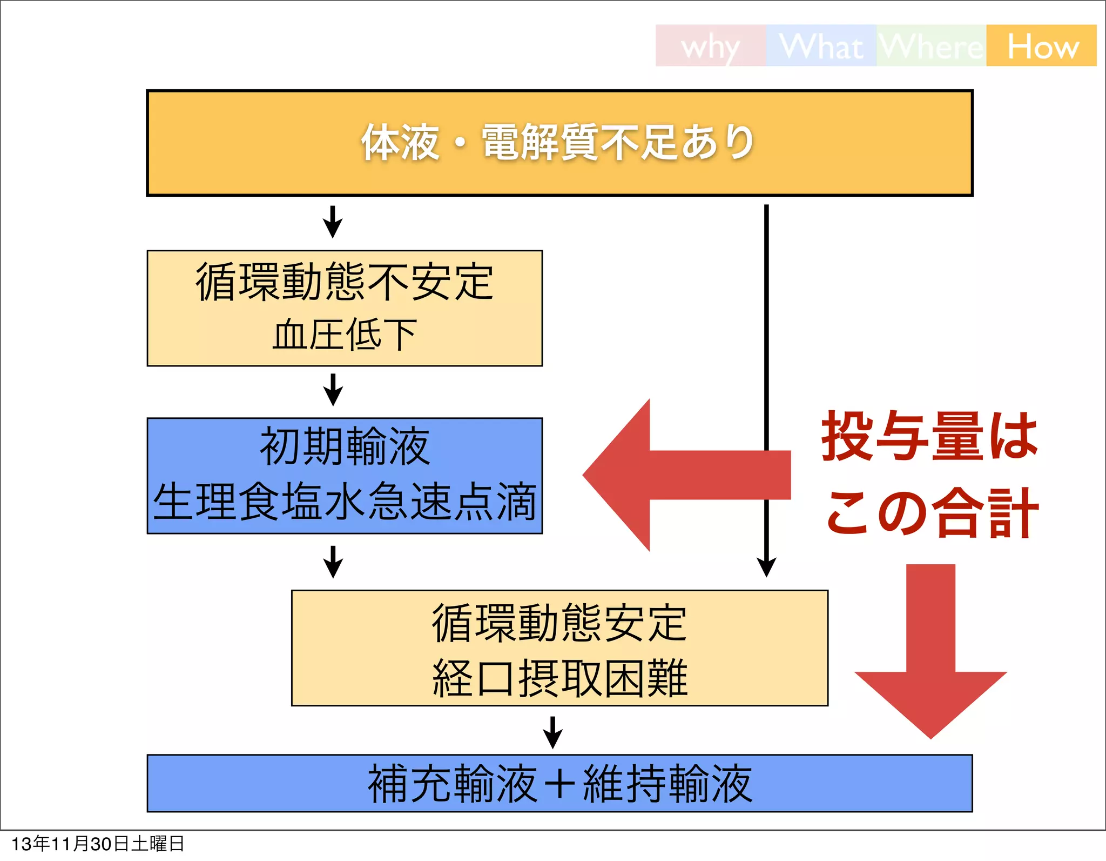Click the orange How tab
click(x=1041, y=46)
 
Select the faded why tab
click(x=710, y=46)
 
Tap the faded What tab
click(x=821, y=46)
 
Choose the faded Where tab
click(x=931, y=46)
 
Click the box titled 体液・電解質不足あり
click(x=559, y=143)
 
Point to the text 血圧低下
click(x=345, y=335)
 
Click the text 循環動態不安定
click(x=345, y=282)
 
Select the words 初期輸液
click(x=345, y=446)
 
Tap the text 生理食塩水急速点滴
click(x=345, y=502)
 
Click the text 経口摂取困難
click(x=559, y=678)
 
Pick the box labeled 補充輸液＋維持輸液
click(x=559, y=783)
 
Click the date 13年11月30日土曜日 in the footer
click(x=98, y=844)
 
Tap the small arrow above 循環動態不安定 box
click(x=333, y=222)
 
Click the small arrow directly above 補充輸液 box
click(x=552, y=732)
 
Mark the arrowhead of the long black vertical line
click(x=766, y=567)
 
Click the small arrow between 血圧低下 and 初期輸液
click(x=333, y=390)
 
